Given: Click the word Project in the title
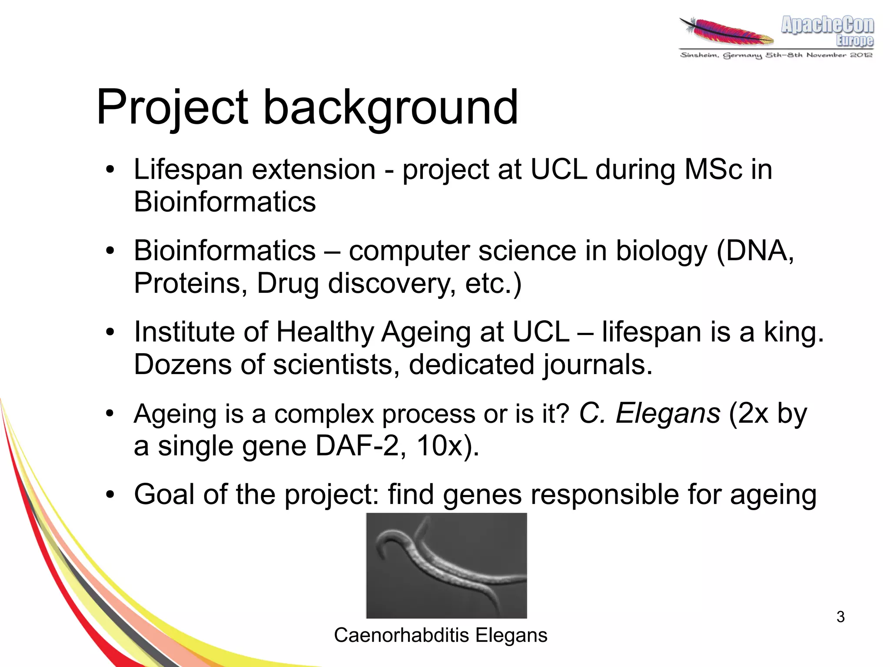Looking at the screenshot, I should tap(172, 107).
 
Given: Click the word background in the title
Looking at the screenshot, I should tap(391, 107).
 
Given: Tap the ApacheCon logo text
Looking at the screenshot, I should tap(827, 25).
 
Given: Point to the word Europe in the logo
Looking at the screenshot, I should tap(854, 41).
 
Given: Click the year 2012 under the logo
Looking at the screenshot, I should tap(861, 55).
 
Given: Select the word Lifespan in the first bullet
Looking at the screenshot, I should tap(188, 169).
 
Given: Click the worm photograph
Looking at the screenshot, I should tap(446, 565).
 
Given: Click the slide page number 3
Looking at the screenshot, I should tap(840, 617).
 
